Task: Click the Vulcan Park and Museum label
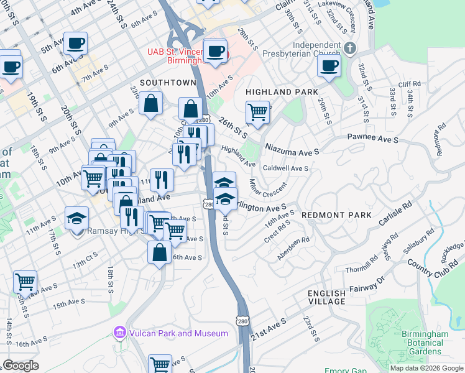tap(178, 333)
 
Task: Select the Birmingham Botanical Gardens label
tap(425, 343)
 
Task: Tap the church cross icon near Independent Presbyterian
tap(350, 47)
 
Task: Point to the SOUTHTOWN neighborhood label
tap(168, 82)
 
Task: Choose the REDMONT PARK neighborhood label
tap(336, 215)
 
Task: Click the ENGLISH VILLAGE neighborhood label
tap(326, 297)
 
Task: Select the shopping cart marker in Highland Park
tap(257, 113)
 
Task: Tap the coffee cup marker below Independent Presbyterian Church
tap(329, 65)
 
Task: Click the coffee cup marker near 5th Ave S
tap(75, 44)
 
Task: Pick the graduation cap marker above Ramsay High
tap(76, 218)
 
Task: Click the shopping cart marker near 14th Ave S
tap(25, 282)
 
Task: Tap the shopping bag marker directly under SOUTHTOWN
tap(150, 104)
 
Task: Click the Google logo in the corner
tap(21, 366)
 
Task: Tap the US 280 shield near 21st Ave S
tap(242, 318)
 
